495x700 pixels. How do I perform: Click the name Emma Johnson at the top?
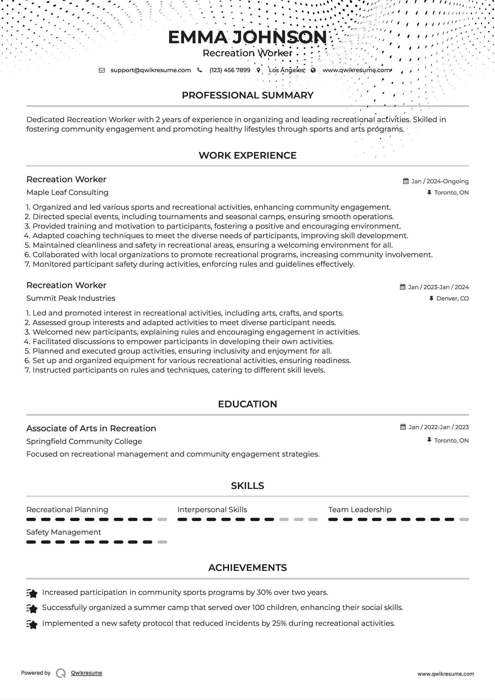click(x=247, y=37)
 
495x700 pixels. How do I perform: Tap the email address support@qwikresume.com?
click(x=151, y=70)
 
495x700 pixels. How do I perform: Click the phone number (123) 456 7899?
click(x=230, y=70)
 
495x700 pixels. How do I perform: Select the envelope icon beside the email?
click(x=102, y=70)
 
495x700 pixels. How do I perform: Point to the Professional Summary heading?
click(x=247, y=95)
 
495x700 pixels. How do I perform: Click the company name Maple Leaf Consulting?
click(x=67, y=192)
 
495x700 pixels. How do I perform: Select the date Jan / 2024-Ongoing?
click(x=440, y=181)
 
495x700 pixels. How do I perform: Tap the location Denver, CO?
click(x=452, y=298)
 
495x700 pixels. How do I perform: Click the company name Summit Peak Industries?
click(x=71, y=298)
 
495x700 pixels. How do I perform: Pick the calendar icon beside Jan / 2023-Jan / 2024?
click(x=403, y=287)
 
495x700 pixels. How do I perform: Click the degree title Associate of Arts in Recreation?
click(x=91, y=428)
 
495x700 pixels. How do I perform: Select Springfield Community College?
click(x=84, y=441)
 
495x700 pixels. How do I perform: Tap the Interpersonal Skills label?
click(x=212, y=510)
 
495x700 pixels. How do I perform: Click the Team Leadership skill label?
click(x=360, y=510)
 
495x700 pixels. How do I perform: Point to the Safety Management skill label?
click(x=64, y=532)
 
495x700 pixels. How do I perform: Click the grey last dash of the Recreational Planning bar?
click(x=162, y=520)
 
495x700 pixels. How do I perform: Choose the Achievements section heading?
click(x=247, y=568)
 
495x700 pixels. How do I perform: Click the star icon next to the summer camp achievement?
click(x=32, y=609)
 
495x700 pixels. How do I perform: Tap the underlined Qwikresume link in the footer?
click(x=87, y=673)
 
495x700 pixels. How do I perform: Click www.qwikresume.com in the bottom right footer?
click(x=445, y=674)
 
